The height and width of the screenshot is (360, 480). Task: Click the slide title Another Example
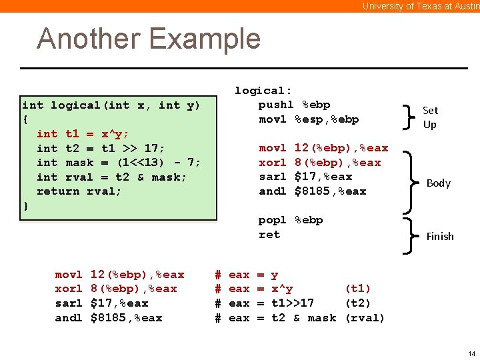click(x=149, y=39)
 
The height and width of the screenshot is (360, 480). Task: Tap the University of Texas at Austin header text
click(x=421, y=6)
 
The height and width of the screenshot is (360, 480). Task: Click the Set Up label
click(x=430, y=117)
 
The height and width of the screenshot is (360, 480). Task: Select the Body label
click(x=438, y=183)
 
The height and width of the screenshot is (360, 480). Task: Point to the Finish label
click(x=439, y=236)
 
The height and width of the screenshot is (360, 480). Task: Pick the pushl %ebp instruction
click(x=294, y=105)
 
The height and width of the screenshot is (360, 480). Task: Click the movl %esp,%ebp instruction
click(x=309, y=119)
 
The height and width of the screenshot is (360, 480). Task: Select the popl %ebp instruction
click(x=291, y=220)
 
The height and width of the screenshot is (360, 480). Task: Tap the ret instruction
click(x=269, y=235)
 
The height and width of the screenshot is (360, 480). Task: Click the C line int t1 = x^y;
click(x=83, y=133)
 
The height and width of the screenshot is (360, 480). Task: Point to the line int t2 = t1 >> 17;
click(x=101, y=148)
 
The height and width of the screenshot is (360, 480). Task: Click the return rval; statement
click(x=79, y=191)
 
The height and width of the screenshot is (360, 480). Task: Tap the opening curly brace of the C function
click(x=25, y=119)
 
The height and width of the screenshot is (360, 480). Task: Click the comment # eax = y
click(x=246, y=275)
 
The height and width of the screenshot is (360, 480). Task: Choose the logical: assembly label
click(x=263, y=91)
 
